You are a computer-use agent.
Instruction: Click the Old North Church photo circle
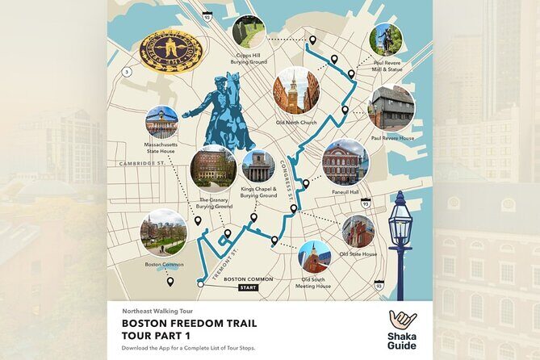pos(295,90)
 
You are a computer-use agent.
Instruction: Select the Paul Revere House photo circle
pos(391,107)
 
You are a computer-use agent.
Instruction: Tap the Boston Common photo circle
pos(163,232)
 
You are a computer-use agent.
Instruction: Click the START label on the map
pos(249,287)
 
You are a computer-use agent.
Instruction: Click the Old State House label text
pos(358,254)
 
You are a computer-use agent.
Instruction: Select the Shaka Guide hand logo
pos(402,322)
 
